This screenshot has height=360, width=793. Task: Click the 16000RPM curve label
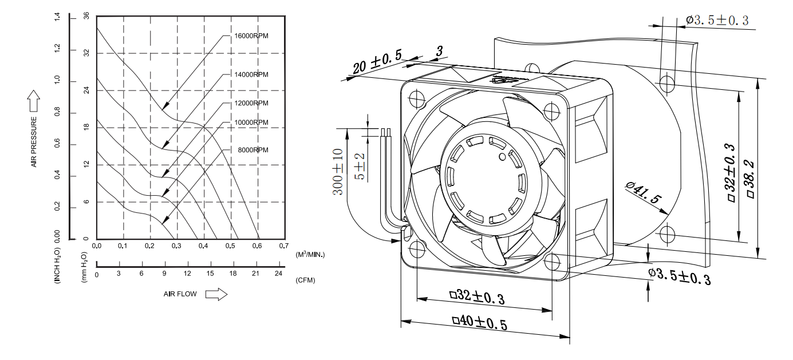click(251, 35)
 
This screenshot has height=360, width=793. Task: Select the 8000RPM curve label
click(253, 149)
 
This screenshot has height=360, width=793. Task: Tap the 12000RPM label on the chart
click(251, 103)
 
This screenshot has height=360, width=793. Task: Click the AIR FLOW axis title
click(180, 294)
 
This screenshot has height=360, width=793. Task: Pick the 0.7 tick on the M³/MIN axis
click(283, 246)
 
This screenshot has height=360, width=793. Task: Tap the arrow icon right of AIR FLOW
click(216, 294)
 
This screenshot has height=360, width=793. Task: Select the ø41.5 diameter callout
click(644, 195)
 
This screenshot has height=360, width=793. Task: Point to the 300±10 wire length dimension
click(338, 172)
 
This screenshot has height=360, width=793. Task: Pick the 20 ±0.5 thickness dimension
click(377, 62)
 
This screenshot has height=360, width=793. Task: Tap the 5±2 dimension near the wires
click(359, 166)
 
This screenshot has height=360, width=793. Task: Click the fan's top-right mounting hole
click(551, 110)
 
